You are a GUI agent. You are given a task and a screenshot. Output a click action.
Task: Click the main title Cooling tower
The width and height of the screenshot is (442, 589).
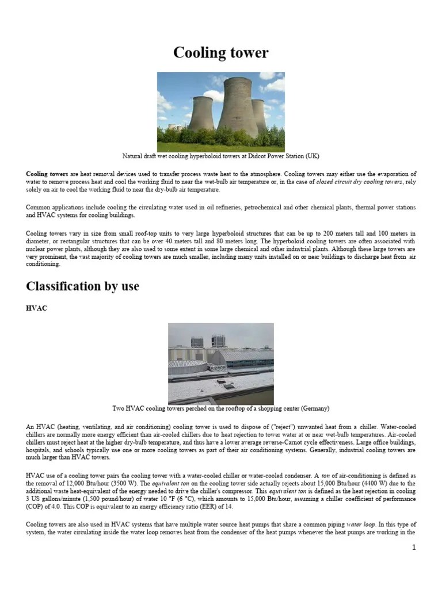[221, 53]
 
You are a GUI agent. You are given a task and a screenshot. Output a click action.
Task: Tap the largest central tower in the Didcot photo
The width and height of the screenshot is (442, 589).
[230, 109]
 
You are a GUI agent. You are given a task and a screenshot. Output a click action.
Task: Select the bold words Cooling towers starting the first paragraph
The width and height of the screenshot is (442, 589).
[47, 174]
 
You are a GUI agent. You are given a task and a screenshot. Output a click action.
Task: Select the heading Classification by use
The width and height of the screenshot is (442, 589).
[82, 285]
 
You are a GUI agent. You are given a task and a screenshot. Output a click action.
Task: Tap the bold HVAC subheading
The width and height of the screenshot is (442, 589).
[36, 308]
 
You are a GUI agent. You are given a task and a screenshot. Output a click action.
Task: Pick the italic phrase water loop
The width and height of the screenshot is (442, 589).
[362, 525]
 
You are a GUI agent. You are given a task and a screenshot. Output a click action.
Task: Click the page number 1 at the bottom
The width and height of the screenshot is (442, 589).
[413, 547]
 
